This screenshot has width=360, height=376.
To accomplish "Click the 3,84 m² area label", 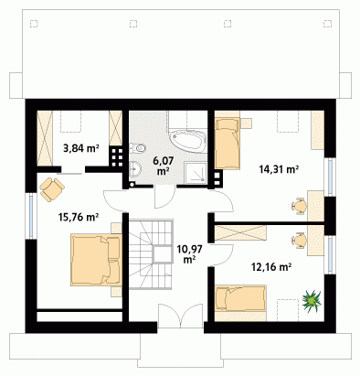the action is coord(81,148).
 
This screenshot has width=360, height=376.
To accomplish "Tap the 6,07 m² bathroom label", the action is coord(164,166).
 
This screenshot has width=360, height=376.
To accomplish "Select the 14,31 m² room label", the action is coord(279,169).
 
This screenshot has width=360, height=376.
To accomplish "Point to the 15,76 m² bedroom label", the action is coord(79,217).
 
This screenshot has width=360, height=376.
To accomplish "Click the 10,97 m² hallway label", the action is coord(189,254).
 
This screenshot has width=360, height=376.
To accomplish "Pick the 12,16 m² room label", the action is coord(270,267).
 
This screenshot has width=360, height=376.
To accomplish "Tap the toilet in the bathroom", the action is coord(138,148).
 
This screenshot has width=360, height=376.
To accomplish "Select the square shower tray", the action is coord(196,173).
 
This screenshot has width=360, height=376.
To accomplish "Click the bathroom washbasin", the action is coord(135,168).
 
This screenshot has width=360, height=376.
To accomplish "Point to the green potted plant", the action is coord(312,301).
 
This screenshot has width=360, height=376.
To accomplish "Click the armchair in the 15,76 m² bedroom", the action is coord(52,189).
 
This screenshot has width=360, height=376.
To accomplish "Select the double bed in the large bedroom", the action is coord(96,260).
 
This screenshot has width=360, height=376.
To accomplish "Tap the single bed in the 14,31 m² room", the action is coord(228,144).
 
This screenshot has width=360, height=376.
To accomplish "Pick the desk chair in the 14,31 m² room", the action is coord(299,206).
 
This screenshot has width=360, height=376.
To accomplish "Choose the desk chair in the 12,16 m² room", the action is coord(299,240).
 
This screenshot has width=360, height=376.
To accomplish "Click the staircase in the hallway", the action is coord(151,254).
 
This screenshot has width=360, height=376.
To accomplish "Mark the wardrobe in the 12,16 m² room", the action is coord(240,233).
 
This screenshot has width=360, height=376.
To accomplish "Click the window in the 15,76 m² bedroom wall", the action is coord(31,216).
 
